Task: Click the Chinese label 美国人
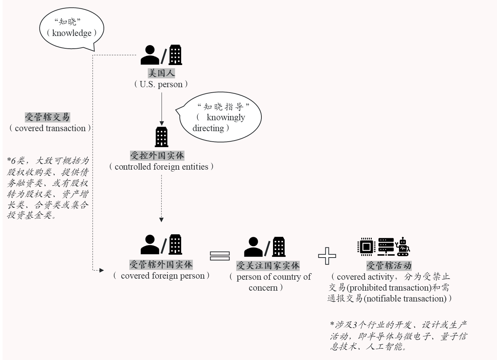[162, 73]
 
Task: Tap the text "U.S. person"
[161, 84]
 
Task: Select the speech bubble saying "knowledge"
[72, 29]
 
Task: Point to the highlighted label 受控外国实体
[157, 155]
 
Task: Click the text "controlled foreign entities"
[161, 167]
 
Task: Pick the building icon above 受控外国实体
[162, 137]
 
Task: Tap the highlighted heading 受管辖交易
[47, 117]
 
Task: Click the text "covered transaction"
[50, 128]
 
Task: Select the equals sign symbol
[220, 256]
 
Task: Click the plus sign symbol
[327, 256]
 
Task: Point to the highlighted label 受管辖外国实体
[161, 264]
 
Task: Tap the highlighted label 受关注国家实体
[268, 266]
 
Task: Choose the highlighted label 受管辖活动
[389, 266]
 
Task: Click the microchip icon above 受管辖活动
[366, 247]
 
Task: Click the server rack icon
[386, 247]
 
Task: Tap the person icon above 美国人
[150, 55]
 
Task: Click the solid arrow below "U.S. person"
[162, 109]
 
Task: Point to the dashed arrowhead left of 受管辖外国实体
[101, 270]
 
